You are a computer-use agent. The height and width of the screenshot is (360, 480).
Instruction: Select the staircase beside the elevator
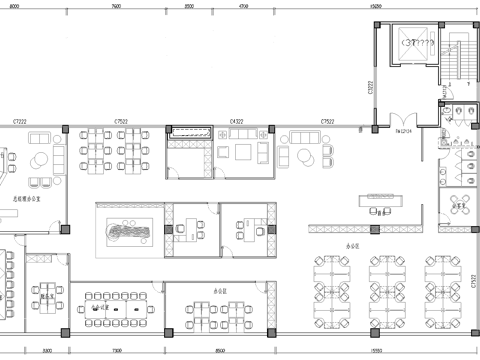tap(460, 55)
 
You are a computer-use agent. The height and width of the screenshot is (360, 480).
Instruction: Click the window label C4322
tap(238, 121)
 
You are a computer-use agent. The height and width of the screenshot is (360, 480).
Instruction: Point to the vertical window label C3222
tap(372, 88)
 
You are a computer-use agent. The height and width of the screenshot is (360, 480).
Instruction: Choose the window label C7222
tap(18, 121)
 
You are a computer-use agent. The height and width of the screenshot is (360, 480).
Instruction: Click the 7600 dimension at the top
tap(117, 6)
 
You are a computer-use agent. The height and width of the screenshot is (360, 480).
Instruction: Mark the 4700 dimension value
tap(243, 6)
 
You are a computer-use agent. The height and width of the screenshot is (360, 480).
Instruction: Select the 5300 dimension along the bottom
tap(46, 351)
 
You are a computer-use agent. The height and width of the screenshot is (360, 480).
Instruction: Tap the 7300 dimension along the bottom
tap(117, 351)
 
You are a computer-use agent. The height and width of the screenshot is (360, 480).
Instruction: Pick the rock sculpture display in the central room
tap(127, 233)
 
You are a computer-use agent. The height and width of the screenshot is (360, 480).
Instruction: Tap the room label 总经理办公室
tap(25, 200)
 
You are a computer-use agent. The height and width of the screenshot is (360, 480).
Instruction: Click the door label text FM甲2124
tap(405, 130)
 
